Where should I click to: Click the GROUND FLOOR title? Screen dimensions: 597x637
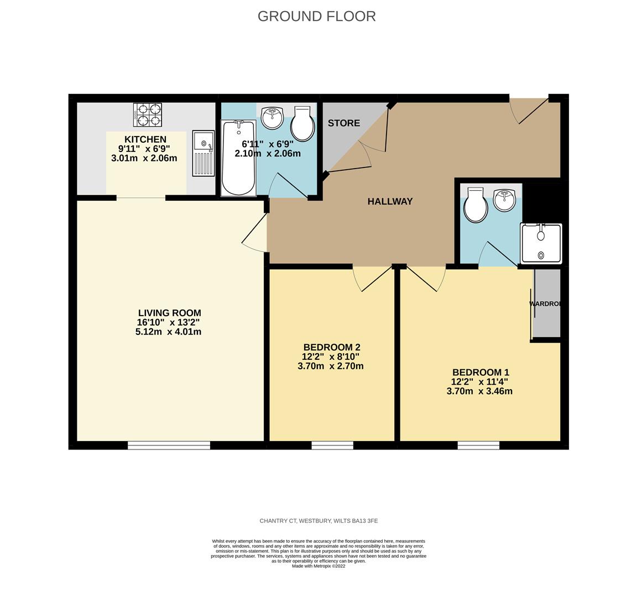pos(316,17)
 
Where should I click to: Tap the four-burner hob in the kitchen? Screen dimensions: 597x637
pos(148,114)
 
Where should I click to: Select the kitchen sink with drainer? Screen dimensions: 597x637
pos(203,154)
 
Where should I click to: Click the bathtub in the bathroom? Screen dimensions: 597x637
pos(238,158)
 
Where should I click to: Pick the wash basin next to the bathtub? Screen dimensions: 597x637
pos(272,117)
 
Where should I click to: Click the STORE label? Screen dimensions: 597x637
pos(343,123)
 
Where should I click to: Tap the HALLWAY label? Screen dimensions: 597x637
pos(390,202)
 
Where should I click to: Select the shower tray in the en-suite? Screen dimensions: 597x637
pos(541,243)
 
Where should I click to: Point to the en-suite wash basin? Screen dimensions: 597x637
pos(504,200)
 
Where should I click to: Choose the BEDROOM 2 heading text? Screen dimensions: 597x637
pos(332,347)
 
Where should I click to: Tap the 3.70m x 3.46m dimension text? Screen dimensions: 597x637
pos(479,391)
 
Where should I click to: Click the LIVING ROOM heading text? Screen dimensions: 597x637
pos(169,313)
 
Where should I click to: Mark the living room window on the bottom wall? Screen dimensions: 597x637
pos(169,445)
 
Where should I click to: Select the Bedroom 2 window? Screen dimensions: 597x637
pos(332,445)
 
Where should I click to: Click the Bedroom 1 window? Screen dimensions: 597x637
pos(478,445)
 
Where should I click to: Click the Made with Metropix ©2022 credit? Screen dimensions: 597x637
pos(318,566)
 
